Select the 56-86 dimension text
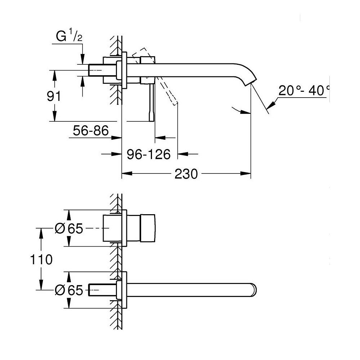[x=90, y=131]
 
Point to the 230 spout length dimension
[x=186, y=174]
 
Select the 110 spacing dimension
[x=41, y=259]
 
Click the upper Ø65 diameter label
[x=69, y=228]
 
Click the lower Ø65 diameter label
[x=69, y=290]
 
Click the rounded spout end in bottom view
[x=255, y=290]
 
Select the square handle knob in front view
[x=148, y=228]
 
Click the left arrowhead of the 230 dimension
[x=125, y=174]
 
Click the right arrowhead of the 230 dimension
[x=247, y=174]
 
